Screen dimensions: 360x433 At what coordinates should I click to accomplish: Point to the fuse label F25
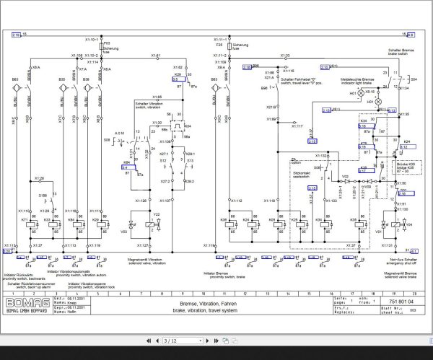coord(219,45)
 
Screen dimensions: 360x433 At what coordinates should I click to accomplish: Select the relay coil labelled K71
coord(24,219)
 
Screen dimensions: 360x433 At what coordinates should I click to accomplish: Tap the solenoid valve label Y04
coord(408,224)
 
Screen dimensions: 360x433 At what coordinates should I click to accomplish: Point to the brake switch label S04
coord(413,79)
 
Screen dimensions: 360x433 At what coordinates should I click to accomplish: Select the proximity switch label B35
coord(63,79)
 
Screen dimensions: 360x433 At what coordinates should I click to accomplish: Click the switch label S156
coord(42,196)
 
